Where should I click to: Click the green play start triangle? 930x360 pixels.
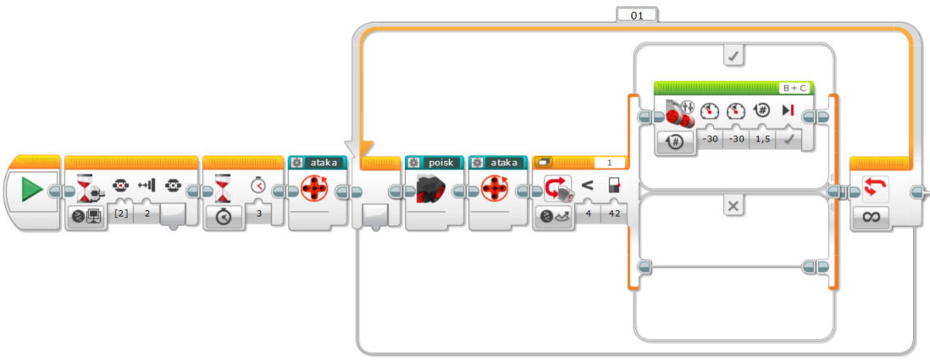32,189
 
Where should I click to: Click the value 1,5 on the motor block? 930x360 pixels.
762,139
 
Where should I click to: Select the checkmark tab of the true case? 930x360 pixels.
734,57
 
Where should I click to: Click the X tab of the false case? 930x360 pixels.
734,206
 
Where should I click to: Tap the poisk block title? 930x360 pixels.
440,162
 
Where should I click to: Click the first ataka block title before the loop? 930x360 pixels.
324,162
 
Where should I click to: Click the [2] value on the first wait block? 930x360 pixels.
120,213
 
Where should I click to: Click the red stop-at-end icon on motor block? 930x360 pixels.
788,110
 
